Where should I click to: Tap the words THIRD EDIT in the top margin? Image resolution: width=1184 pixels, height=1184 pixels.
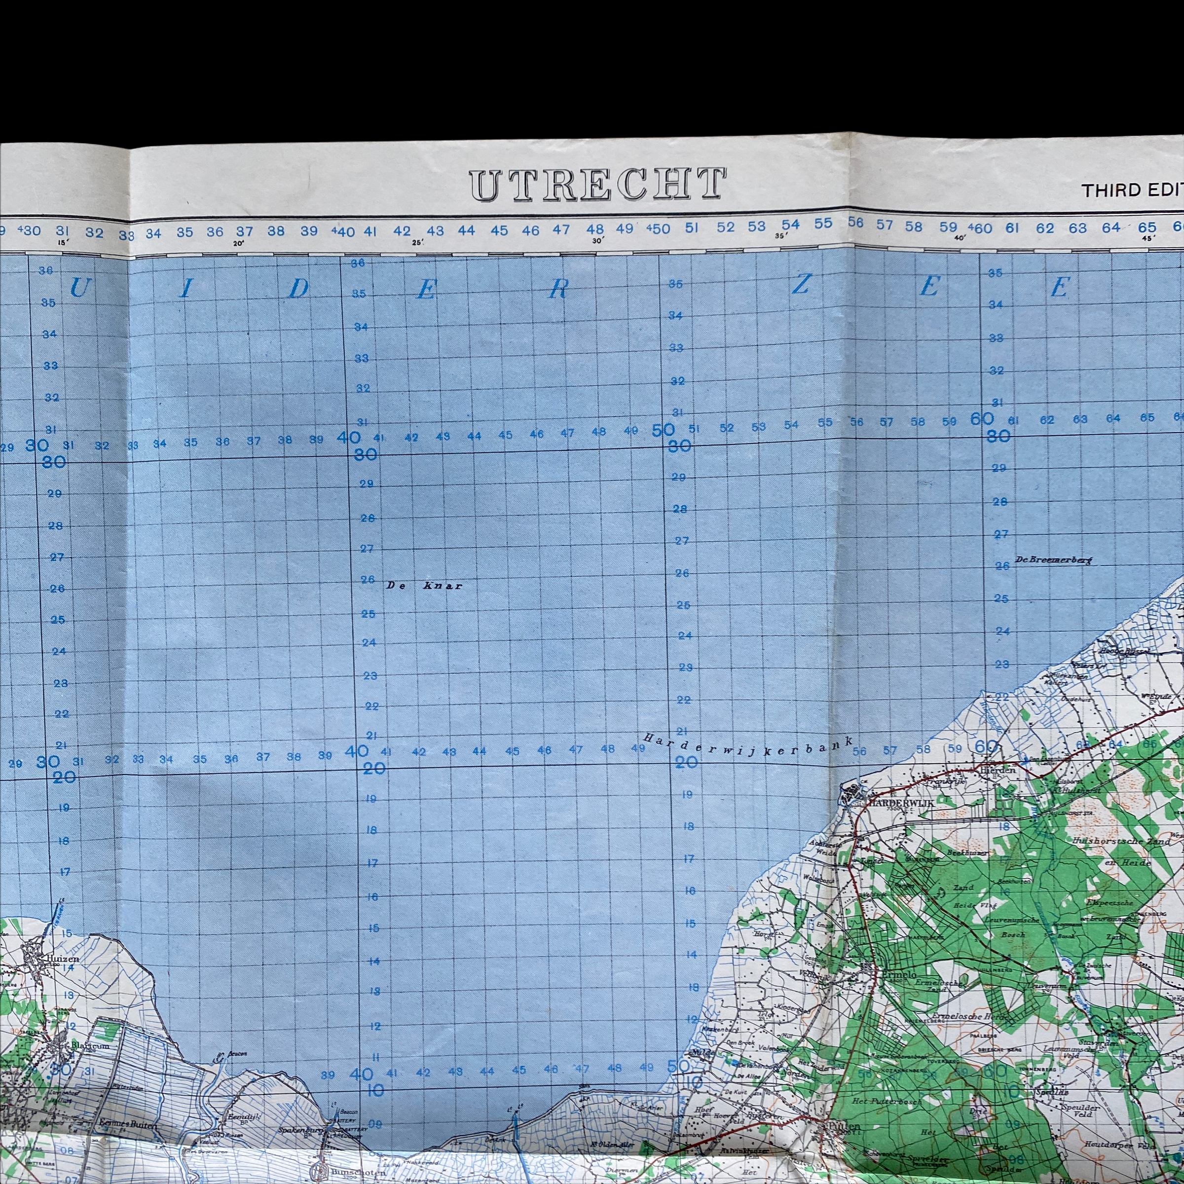1131,190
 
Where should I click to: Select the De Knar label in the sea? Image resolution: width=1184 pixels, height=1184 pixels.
424,586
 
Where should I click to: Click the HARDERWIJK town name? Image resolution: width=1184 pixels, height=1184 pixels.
900,802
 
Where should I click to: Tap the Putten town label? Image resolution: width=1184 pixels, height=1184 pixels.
844,1126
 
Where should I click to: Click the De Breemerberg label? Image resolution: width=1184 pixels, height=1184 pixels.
1054,559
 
